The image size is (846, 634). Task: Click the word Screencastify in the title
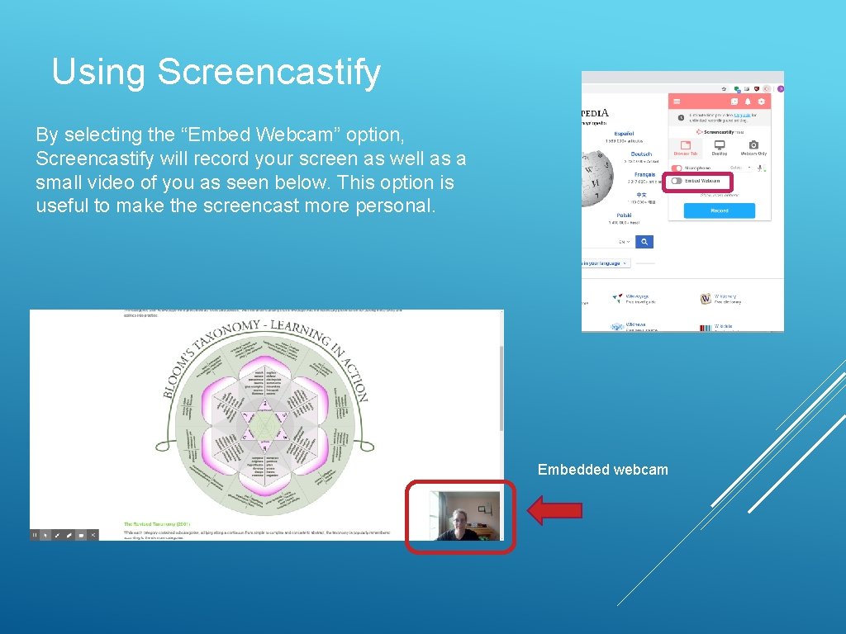[269, 72]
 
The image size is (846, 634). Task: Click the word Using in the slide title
[99, 72]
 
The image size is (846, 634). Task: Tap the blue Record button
[719, 211]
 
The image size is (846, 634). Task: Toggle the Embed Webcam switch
[676, 181]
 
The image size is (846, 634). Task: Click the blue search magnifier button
[644, 242]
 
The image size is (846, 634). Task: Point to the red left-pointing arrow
[554, 511]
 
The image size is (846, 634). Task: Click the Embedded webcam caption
[602, 470]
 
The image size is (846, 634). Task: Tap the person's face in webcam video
[456, 521]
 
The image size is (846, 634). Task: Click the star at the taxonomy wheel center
[264, 425]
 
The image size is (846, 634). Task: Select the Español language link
[624, 133]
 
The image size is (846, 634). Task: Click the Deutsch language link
[641, 154]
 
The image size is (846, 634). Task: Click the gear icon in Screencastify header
[761, 102]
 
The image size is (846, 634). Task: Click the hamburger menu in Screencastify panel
[677, 102]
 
